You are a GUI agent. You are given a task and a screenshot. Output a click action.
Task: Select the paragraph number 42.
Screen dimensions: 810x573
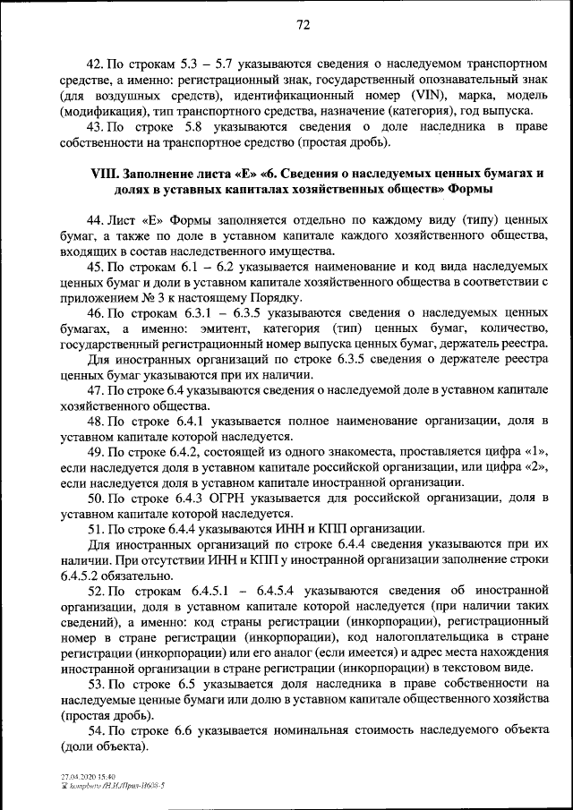pyautogui.click(x=94, y=64)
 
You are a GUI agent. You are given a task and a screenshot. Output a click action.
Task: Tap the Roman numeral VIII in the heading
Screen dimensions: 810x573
pyautogui.click(x=106, y=175)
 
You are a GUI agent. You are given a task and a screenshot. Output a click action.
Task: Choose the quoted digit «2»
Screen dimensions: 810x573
pyautogui.click(x=534, y=467)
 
